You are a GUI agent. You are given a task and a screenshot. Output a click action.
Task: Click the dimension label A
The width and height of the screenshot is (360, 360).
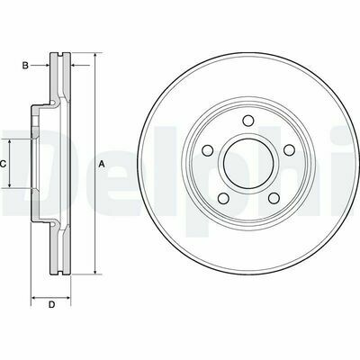point(102,164)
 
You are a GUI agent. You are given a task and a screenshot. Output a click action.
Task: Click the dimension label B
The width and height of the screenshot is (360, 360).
point(25,65)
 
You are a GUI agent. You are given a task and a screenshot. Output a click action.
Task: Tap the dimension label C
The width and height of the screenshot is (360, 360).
point(3,164)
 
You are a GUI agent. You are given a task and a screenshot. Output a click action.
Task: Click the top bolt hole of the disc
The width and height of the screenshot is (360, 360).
point(247,121)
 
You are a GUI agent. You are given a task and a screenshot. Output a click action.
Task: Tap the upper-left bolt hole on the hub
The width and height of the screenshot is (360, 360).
point(208,150)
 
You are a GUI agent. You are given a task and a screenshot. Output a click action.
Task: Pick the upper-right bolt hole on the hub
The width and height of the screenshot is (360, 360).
point(289,150)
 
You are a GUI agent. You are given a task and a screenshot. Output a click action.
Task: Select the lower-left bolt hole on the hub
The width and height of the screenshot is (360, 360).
point(223,198)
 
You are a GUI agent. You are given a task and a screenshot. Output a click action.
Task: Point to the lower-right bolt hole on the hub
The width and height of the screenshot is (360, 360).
point(274,198)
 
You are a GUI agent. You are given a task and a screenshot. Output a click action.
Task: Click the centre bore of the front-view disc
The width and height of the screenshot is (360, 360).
point(248,164)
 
